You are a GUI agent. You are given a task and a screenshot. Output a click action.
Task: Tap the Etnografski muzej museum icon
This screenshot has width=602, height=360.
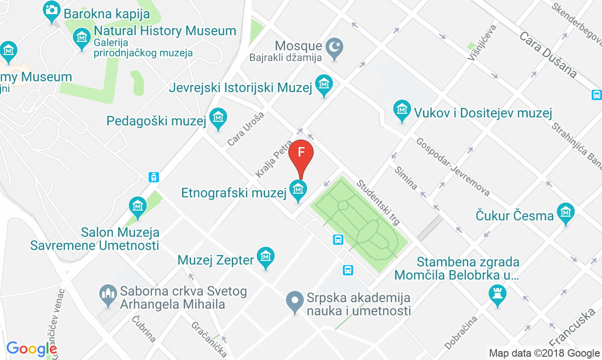pos(298,190)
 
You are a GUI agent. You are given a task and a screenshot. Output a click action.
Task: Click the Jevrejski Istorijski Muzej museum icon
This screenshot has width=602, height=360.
pos(324,85)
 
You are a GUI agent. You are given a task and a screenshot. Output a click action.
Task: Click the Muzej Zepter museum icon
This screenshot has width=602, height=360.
pos(266,257)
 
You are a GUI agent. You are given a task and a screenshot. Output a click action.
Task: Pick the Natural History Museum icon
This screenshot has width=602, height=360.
pos(82,36)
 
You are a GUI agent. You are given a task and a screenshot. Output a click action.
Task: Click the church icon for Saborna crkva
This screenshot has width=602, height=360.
pos(108,295)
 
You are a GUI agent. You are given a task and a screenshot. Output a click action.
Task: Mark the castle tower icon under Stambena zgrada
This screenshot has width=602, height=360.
pos(498,294)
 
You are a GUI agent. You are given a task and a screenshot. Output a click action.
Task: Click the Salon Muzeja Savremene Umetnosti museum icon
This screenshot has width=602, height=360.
pos(138,206)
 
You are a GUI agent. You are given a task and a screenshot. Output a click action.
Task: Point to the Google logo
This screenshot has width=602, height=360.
pos(32,349)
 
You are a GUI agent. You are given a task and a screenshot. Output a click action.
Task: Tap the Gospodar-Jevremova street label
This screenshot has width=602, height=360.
pos(453,167)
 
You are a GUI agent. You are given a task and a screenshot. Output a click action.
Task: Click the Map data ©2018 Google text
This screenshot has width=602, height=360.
pos(544,353)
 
